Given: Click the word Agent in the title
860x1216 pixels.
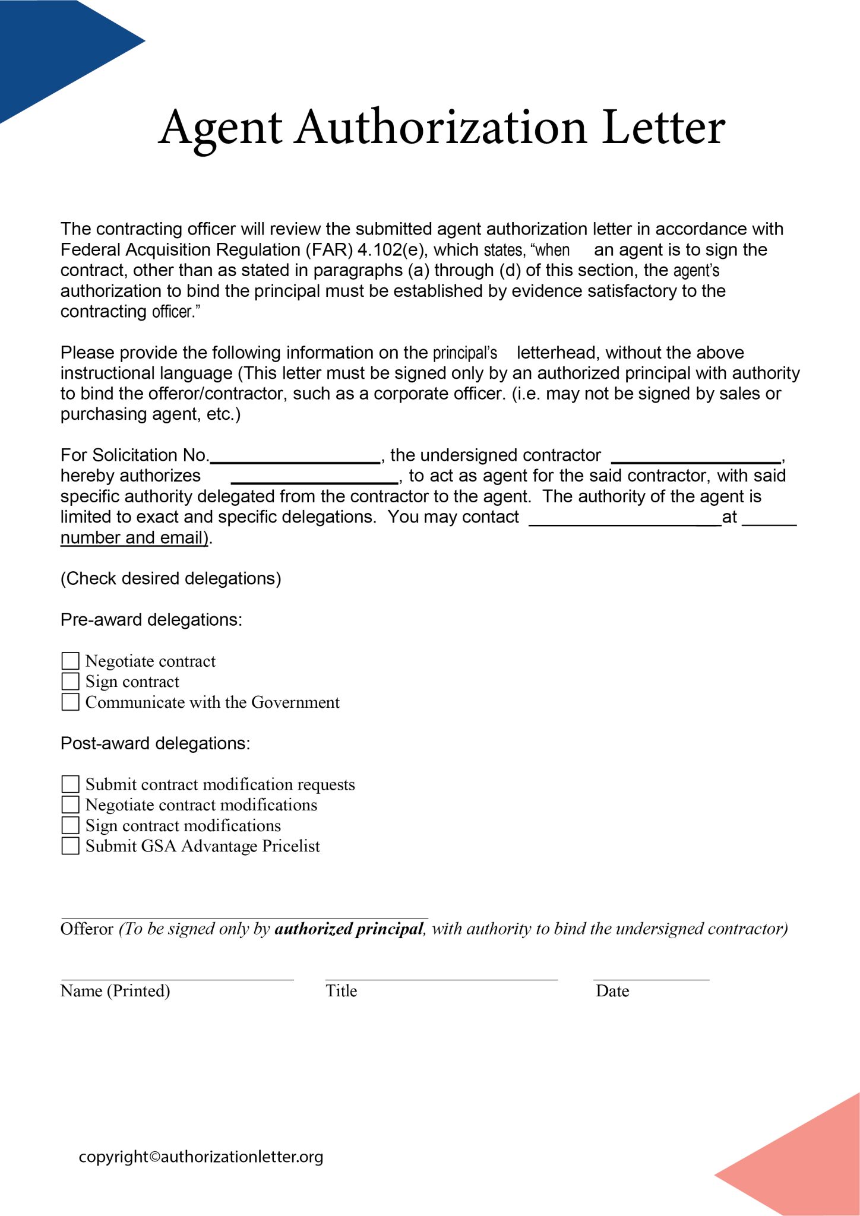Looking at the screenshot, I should click(x=220, y=128).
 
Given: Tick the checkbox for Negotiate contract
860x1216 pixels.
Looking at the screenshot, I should click(x=71, y=661).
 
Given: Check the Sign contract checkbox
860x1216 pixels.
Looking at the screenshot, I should click(x=71, y=682).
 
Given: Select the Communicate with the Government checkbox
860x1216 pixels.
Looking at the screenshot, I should click(x=71, y=702).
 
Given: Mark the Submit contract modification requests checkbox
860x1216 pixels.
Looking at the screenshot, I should click(x=71, y=784).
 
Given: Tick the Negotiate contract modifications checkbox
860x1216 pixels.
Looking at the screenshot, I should click(x=71, y=805).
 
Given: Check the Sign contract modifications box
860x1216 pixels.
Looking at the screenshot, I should click(x=71, y=825).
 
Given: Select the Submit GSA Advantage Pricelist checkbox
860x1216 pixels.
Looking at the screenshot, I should click(x=71, y=845).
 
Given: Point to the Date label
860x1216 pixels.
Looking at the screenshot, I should click(x=612, y=991).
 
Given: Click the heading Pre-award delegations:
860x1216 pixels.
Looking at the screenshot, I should click(x=151, y=620).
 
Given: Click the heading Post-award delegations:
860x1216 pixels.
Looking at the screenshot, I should click(x=155, y=743).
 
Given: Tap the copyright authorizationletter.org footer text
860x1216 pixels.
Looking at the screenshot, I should click(x=201, y=1157).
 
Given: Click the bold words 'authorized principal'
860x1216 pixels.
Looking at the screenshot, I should click(x=349, y=929).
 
